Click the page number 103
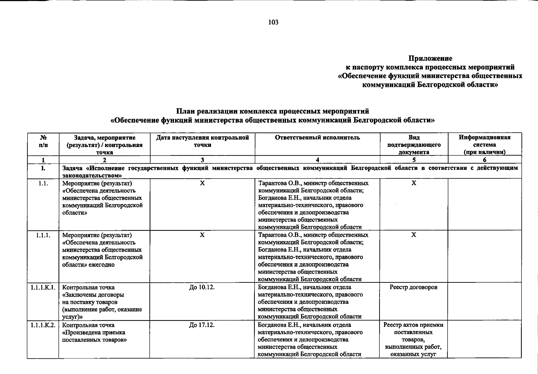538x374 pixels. pyautogui.click(x=273, y=22)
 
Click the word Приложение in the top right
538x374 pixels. pyautogui.click(x=430, y=58)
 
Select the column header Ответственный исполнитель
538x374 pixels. pyautogui.click(x=317, y=138)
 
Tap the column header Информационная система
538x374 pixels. pyautogui.click(x=484, y=145)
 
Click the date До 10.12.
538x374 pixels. pyautogui.click(x=202, y=287)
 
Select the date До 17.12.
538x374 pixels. pyautogui.click(x=202, y=325)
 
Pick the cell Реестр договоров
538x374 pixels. pyautogui.click(x=413, y=287)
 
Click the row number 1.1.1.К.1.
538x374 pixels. pyautogui.click(x=43, y=287)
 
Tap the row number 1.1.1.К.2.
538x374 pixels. pyautogui.click(x=43, y=325)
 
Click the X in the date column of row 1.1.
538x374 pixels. pyautogui.click(x=202, y=183)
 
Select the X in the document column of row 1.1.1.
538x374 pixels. pyautogui.click(x=413, y=235)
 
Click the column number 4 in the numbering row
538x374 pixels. pyautogui.click(x=317, y=160)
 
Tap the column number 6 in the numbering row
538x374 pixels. pyautogui.click(x=484, y=160)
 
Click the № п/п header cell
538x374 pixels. pyautogui.click(x=43, y=141)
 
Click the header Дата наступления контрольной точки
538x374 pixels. pyautogui.click(x=202, y=141)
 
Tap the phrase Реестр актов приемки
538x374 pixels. pyautogui.click(x=413, y=325)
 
